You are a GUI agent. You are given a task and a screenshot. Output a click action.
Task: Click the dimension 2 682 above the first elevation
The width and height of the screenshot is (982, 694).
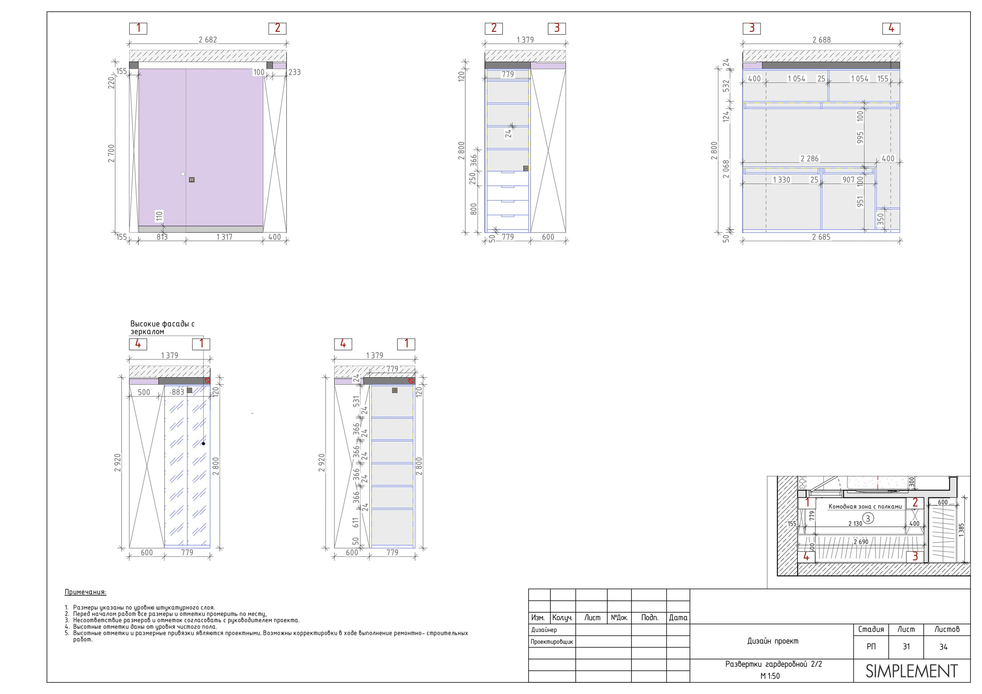tap(208, 40)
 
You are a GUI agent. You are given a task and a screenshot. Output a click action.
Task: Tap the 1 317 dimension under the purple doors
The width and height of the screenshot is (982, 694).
tap(224, 237)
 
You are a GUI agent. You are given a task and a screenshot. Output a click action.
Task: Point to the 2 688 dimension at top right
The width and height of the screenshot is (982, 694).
tap(822, 40)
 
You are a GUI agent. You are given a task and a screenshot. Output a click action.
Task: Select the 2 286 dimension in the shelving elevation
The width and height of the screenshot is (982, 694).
tap(809, 159)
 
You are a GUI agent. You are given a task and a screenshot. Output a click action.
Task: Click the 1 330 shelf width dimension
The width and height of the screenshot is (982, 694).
tap(781, 180)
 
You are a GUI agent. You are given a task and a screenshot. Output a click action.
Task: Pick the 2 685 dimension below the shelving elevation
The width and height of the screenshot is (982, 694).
tap(821, 237)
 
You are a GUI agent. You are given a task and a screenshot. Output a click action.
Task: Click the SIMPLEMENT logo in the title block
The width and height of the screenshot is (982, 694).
tap(911, 671)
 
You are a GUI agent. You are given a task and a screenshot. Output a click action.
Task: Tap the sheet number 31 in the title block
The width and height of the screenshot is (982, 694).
tap(906, 646)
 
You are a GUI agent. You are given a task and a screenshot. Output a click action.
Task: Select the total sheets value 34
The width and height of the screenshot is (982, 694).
tap(943, 646)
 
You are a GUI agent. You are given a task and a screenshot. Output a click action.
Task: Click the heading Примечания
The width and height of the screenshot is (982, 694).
tap(85, 592)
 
